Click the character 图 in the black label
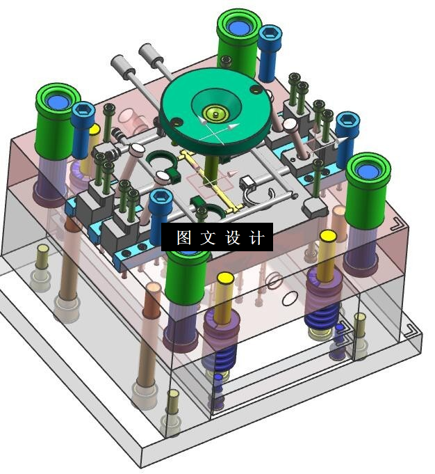coord(184,237)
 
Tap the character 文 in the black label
coord(208,237)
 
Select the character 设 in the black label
coord(233,237)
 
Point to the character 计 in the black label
coord(256,237)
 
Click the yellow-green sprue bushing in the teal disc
coord(215,114)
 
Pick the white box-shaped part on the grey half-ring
coord(247,183)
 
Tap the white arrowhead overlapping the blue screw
coord(341,141)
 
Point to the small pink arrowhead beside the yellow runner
coord(231,174)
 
